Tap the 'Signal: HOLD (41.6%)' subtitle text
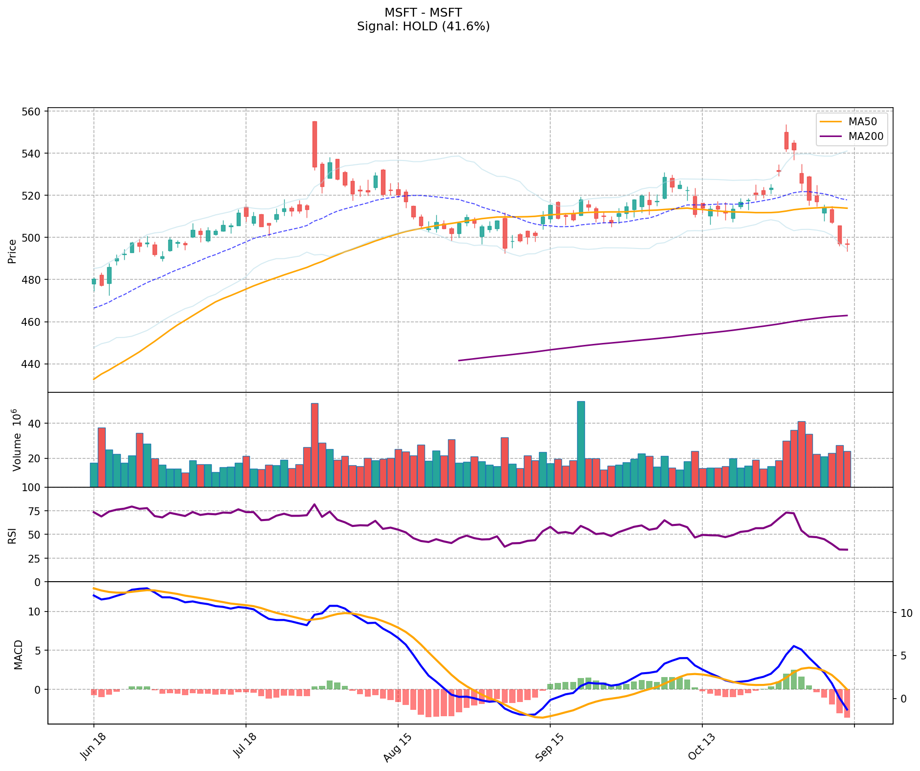[423, 26]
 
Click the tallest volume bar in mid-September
[581, 444]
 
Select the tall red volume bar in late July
[314, 445]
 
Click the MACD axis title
[18, 655]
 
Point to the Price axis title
[12, 251]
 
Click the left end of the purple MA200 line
[459, 361]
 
